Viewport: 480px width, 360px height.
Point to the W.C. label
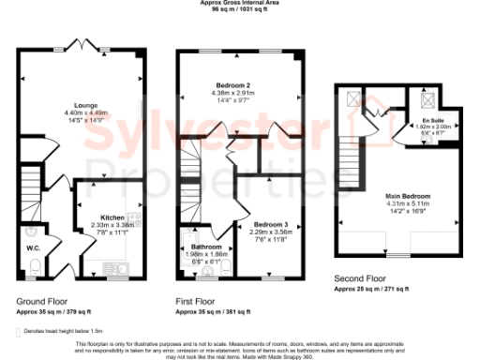(x=32, y=247)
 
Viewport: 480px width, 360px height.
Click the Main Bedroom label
(x=407, y=196)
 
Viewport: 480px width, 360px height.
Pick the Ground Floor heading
(x=39, y=301)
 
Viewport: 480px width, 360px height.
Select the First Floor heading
(x=196, y=301)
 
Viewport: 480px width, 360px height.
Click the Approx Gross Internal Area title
(x=239, y=3)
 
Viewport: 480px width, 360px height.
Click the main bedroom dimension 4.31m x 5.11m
(x=407, y=203)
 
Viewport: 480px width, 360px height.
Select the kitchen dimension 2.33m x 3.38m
(x=113, y=224)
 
